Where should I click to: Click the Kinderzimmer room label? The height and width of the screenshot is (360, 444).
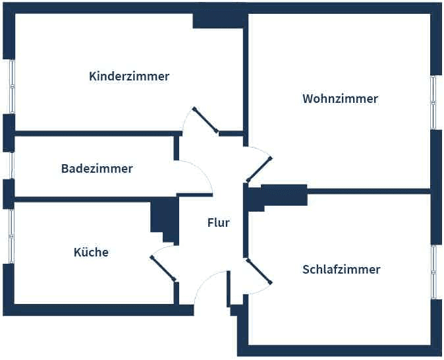tap(129, 76)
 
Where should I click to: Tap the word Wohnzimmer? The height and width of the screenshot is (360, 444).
tap(340, 99)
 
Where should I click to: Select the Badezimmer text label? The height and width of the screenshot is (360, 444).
tap(97, 169)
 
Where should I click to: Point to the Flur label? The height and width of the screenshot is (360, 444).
tap(218, 223)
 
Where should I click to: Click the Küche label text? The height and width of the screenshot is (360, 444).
tap(91, 253)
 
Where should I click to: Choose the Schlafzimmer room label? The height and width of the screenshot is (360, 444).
tap(341, 270)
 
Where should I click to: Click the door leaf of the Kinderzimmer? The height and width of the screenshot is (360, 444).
tap(206, 121)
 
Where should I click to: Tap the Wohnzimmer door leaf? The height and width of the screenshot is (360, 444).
tap(258, 169)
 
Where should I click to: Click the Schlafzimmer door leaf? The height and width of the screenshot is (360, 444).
tap(259, 272)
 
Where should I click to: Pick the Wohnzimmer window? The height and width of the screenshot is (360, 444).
tap(433, 102)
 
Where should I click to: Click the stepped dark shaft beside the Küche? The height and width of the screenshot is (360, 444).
tap(164, 217)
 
